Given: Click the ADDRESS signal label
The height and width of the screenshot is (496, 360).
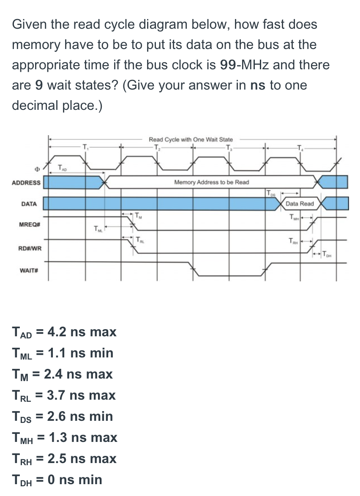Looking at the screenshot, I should pos(26,183).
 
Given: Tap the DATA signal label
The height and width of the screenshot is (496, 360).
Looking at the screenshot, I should pos(29,204).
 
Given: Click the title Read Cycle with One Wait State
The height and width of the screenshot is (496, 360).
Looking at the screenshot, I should pos(191,139).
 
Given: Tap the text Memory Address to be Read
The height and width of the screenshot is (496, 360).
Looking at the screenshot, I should pos(211,183).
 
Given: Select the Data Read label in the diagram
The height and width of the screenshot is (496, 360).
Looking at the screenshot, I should pos(300,204).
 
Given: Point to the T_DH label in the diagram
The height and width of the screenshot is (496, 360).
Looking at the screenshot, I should pos(327,254).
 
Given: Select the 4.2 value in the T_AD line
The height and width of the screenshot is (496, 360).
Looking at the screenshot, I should pos(56,332).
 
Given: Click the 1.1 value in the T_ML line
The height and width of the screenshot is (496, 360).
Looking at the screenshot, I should pos(56,353).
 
